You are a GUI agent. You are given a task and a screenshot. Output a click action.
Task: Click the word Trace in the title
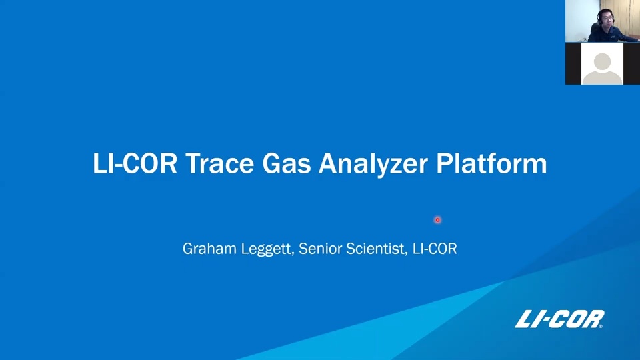point(220,163)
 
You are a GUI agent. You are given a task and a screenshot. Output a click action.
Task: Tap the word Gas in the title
point(287,163)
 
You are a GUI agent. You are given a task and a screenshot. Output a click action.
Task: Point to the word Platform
point(491,163)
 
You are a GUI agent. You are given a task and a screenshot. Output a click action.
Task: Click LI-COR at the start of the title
point(135,163)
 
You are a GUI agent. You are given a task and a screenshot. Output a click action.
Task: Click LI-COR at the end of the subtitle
point(435,248)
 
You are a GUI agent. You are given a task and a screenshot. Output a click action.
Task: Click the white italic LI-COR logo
point(559,319)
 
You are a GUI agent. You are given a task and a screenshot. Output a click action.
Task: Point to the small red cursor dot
point(437,220)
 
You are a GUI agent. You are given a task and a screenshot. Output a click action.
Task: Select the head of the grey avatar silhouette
point(602,62)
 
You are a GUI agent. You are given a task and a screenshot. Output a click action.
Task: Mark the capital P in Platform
point(444,163)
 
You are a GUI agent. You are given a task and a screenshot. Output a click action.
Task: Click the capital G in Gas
point(271,163)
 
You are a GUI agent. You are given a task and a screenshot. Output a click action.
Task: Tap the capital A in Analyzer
point(328,163)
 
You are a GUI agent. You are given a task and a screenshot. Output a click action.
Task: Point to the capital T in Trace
point(193,163)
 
